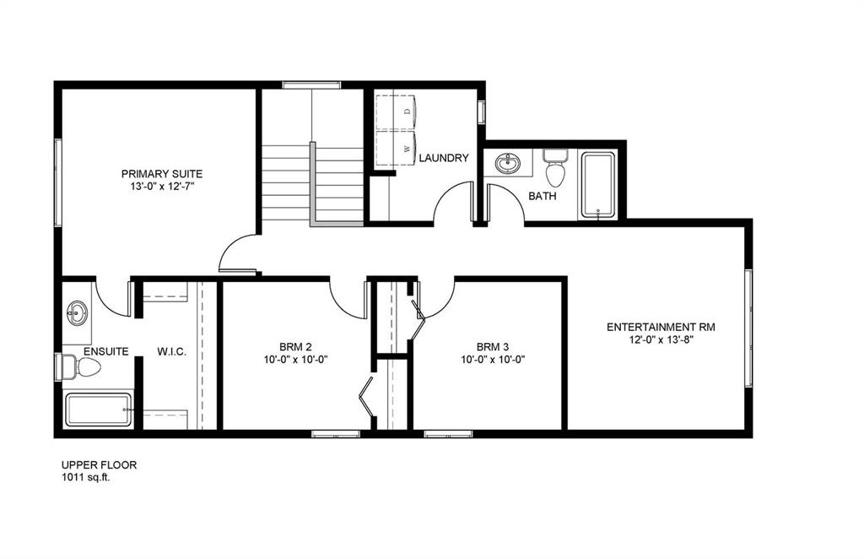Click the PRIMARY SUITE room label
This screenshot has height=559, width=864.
coord(162,174)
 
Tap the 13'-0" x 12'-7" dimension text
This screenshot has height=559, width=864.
coord(163,187)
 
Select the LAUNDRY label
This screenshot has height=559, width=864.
coord(444,158)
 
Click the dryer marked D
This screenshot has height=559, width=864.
coord(396,112)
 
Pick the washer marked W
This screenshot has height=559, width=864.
coord(396,149)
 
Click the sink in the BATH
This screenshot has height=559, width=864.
coord(507,163)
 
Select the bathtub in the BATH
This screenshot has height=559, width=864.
coord(598,185)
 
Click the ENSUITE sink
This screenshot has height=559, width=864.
coord(77,313)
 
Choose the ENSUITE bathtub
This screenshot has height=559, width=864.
coord(99,410)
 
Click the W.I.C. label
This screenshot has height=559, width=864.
coord(172,352)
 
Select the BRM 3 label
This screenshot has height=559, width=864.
coord(493,347)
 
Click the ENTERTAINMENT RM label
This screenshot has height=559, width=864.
coord(661,327)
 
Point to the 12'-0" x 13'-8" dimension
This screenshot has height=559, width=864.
coord(661,340)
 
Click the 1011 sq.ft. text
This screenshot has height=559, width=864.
coord(85,478)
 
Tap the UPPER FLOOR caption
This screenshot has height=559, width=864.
coord(100,464)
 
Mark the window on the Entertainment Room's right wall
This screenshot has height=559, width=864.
coord(748,328)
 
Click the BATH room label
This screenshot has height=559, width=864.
coord(543,196)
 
